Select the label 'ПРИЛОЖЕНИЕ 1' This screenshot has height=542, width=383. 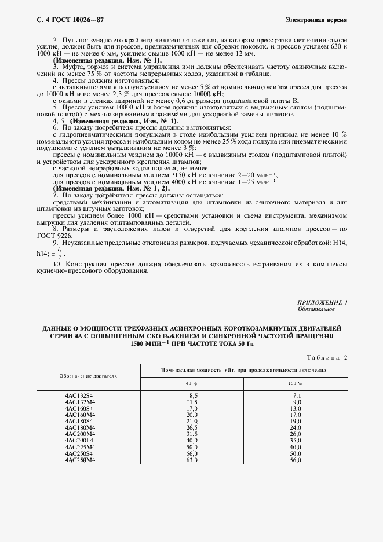[322, 303]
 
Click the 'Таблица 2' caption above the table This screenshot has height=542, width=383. [325, 358]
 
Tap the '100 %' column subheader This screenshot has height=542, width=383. [296, 383]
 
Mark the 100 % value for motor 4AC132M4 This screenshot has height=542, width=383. [296, 402]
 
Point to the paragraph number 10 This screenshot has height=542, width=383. [57, 263]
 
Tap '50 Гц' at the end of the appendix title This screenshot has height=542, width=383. [242, 343]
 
